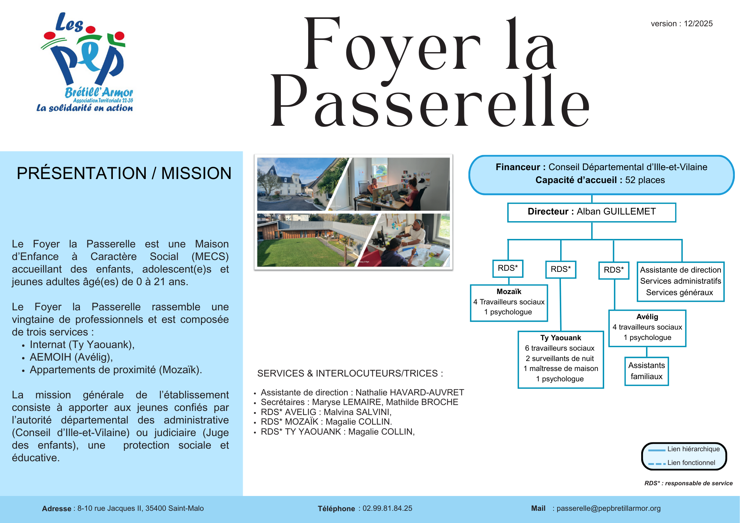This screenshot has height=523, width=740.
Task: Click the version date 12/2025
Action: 698,24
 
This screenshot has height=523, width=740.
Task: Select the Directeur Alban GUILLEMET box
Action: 591,212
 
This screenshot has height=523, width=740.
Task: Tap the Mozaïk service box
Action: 509,303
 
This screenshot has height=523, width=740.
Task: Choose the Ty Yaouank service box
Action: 561,359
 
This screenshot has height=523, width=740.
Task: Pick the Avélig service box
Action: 647,328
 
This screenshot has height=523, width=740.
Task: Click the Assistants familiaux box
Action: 646,371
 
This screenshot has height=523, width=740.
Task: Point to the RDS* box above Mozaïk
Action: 508,268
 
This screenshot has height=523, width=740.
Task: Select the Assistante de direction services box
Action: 680,281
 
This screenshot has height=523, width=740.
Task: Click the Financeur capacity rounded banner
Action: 601,174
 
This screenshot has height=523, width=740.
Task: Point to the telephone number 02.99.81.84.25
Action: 387,509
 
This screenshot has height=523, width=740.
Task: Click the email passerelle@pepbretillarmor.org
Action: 608,509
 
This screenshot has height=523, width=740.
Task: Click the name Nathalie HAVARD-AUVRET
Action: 410,392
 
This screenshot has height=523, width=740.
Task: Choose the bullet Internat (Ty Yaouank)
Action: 82,345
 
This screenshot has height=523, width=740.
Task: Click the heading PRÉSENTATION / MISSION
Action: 124,173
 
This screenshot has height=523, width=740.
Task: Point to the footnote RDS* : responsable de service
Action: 688,483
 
